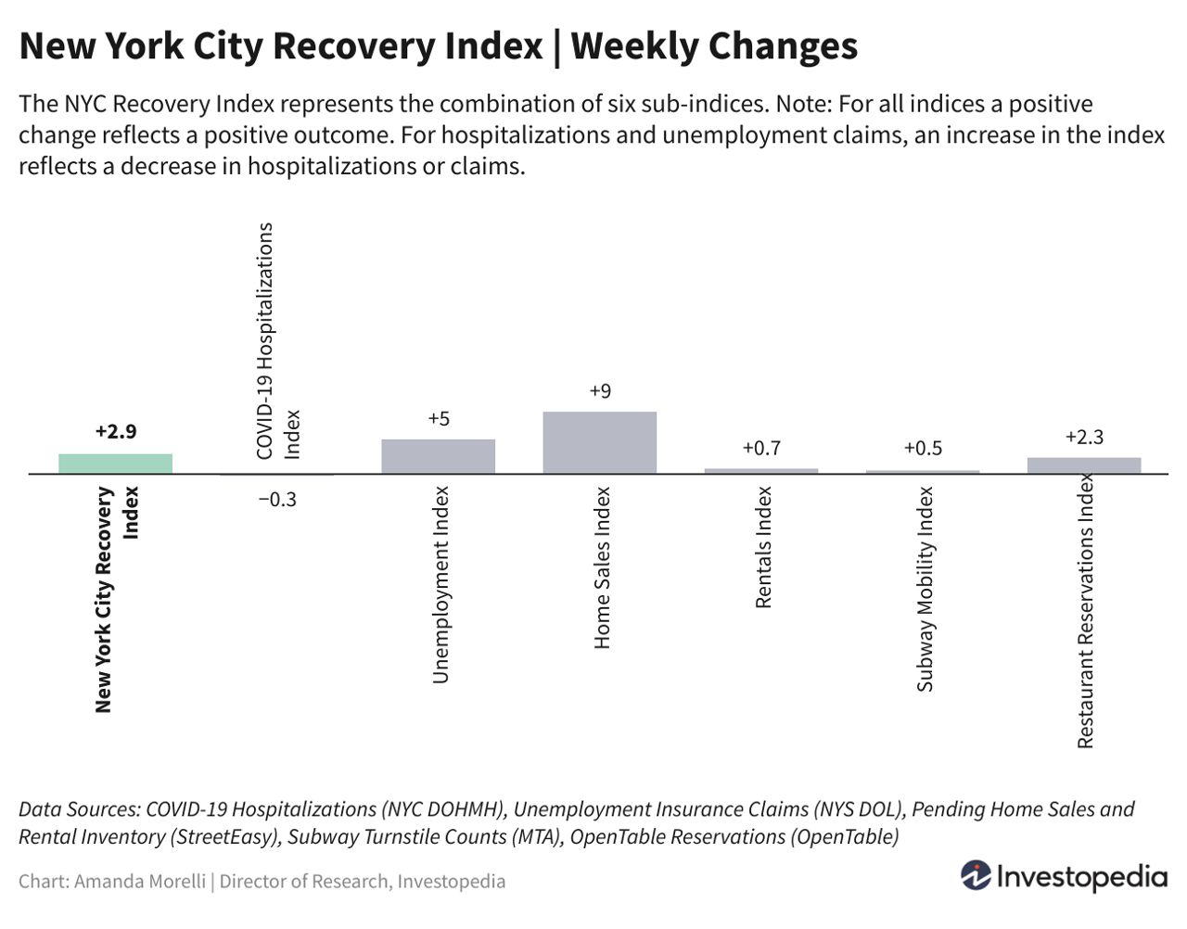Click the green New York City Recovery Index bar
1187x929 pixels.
coord(115,464)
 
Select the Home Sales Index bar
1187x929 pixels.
coord(599,442)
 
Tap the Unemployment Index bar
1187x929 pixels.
coord(438,456)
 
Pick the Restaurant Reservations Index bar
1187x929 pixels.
coord(1083,465)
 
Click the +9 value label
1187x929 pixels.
coord(600,391)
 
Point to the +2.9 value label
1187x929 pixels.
coord(115,431)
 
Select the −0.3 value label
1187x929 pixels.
coord(276,500)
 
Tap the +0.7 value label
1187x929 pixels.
coord(761,449)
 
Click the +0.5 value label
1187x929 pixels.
coord(923,449)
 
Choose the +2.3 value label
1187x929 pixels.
coord(1084,438)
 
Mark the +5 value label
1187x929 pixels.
coord(439,419)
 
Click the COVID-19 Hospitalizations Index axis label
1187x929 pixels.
coord(277,341)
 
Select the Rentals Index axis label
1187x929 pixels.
coord(763,547)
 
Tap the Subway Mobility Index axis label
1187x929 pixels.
coord(925,589)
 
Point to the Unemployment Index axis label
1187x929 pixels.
coord(440,585)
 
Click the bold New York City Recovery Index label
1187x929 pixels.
coord(115,599)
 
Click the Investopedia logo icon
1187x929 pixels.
coord(975,875)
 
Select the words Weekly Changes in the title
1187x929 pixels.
coord(714,45)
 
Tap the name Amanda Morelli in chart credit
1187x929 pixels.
coord(139,881)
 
